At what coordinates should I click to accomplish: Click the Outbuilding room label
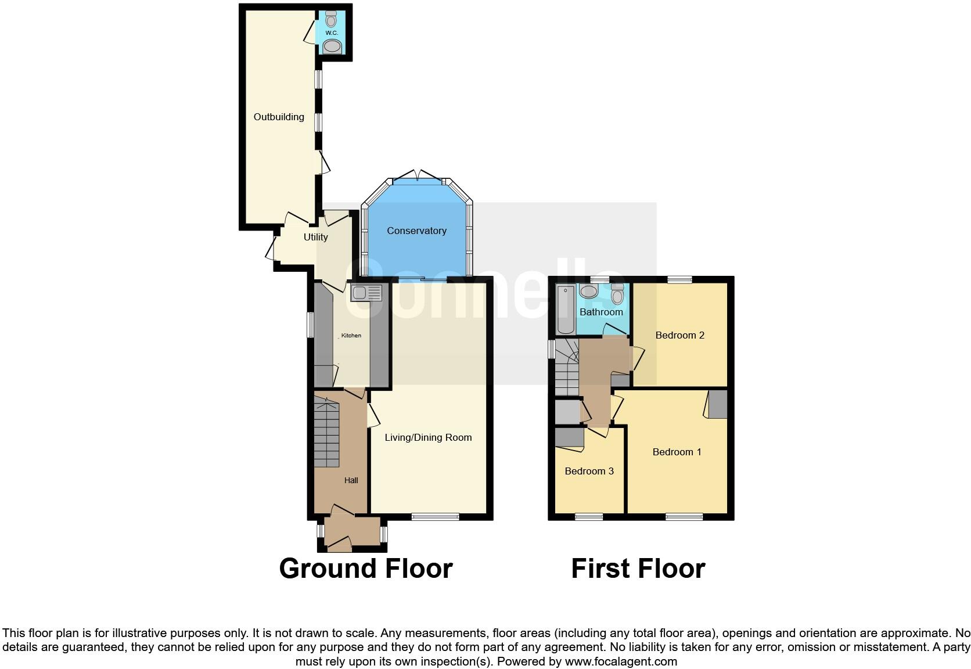coord(279,117)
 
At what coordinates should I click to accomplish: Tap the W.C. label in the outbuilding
coord(332,33)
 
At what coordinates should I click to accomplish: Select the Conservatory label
coord(416,231)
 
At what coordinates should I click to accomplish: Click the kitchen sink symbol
coord(366,293)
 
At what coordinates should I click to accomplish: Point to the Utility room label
coord(315,237)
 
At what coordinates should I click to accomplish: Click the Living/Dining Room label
coord(428,437)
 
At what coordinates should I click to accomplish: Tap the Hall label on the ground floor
coord(351,480)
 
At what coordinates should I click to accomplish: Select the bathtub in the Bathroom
coord(564,310)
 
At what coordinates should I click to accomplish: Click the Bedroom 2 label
coord(679,335)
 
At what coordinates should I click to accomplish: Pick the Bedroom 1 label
coord(677,452)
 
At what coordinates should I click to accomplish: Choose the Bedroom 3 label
coord(589,471)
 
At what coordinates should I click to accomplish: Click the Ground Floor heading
coord(365,568)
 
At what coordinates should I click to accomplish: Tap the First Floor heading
coord(638,568)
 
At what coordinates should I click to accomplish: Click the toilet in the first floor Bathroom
coord(617,294)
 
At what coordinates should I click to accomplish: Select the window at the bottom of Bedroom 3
coord(589,516)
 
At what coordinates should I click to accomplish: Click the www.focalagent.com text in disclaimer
coord(620,661)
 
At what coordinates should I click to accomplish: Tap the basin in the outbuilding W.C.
coord(332,46)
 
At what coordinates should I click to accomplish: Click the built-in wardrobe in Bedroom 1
coord(718,404)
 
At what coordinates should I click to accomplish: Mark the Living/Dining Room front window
coord(436,516)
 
